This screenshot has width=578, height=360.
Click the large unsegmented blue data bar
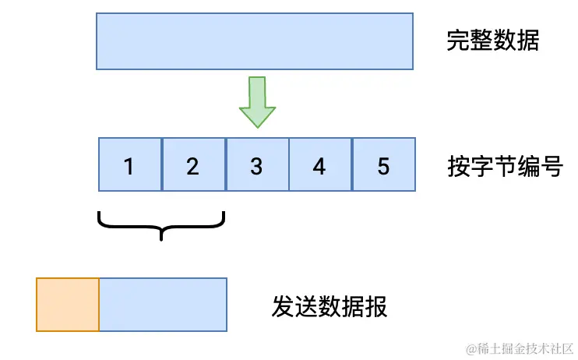coord(254,41)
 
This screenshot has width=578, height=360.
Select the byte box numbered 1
coord(130,165)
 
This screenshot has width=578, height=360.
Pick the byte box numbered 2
coord(193,165)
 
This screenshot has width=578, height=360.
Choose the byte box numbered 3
coord(257,165)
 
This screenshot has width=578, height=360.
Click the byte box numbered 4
coord(320,165)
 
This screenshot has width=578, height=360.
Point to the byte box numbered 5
coord(383,165)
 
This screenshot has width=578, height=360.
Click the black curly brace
coord(161,225)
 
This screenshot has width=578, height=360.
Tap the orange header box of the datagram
coord(68,305)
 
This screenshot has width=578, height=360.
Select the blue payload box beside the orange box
coord(163,305)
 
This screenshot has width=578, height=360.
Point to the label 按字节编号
coord(505,166)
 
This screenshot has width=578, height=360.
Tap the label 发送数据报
coord(330,306)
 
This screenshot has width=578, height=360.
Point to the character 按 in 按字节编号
coord(459,166)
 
